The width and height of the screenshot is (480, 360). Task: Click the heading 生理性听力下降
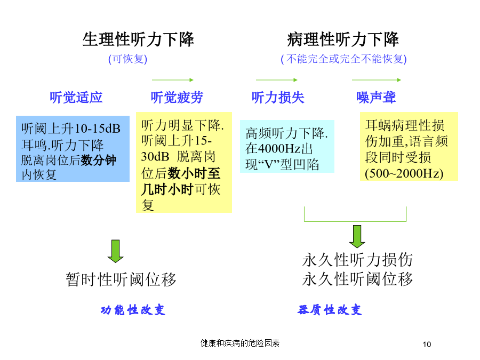coord(138,39)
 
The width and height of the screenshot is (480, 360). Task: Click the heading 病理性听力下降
coord(343,39)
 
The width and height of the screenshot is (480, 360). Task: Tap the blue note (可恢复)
coord(127,59)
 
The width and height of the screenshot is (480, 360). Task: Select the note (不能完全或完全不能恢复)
coord(343,59)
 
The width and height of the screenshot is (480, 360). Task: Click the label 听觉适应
coord(76,98)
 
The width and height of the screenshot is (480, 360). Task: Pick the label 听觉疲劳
coord(177,98)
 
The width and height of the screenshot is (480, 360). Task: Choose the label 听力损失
coord(278,98)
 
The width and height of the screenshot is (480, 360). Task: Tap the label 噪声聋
coord(376,98)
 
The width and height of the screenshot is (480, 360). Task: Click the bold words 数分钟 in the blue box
coord(99,160)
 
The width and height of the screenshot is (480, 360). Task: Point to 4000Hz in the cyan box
coord(279,149)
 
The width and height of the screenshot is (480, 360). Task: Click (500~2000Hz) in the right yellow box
coord(404,173)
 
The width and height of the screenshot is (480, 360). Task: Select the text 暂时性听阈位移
coord(121,279)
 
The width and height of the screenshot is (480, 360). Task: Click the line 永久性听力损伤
coord(357,260)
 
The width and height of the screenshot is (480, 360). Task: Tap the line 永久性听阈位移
coord(357,279)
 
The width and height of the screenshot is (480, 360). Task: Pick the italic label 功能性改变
coord(133,310)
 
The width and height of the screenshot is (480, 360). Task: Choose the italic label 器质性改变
coord(330,310)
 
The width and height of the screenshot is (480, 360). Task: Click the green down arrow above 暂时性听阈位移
coord(115,251)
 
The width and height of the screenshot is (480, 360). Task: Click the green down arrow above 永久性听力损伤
coord(357,237)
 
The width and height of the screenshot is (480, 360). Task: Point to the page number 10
coord(427,345)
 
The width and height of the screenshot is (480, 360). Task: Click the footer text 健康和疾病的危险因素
coord(240,343)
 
